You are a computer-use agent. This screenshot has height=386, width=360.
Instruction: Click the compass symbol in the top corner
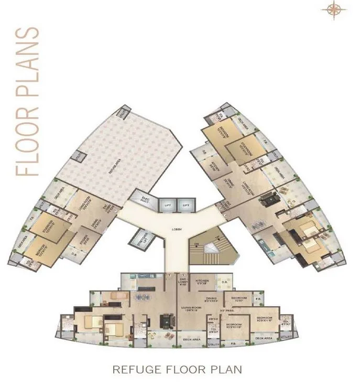tap(333, 9)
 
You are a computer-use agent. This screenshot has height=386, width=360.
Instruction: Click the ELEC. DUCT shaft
tap(145, 198)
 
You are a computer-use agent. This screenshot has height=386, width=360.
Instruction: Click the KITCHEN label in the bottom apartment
tap(202, 281)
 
